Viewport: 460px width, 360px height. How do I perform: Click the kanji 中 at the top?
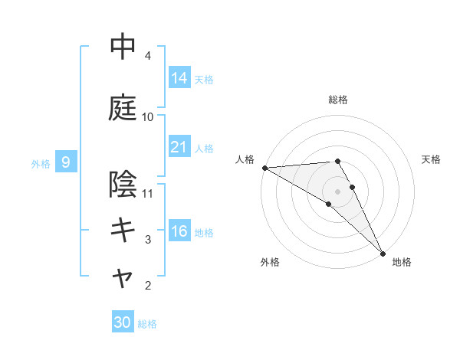click(123, 47)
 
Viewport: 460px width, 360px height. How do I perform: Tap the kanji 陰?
click(123, 184)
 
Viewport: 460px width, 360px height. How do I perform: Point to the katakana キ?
click(123, 230)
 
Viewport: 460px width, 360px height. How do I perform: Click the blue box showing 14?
click(179, 77)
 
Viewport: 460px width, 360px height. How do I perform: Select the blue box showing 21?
click(179, 147)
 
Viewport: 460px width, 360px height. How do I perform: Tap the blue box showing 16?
click(179, 231)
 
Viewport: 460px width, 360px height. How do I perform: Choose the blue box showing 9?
click(67, 162)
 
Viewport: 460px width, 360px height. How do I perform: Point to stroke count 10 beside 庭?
click(148, 117)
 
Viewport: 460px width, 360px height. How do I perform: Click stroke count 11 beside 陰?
click(148, 194)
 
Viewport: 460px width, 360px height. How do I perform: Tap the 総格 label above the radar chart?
click(338, 100)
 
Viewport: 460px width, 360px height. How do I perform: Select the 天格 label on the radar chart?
click(432, 159)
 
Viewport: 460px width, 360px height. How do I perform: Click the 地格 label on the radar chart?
click(402, 263)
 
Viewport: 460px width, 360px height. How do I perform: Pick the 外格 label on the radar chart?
click(270, 263)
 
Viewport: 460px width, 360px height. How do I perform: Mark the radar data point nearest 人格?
click(264, 168)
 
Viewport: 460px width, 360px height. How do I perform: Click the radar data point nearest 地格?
click(383, 252)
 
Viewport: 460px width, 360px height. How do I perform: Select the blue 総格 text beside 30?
click(148, 324)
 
